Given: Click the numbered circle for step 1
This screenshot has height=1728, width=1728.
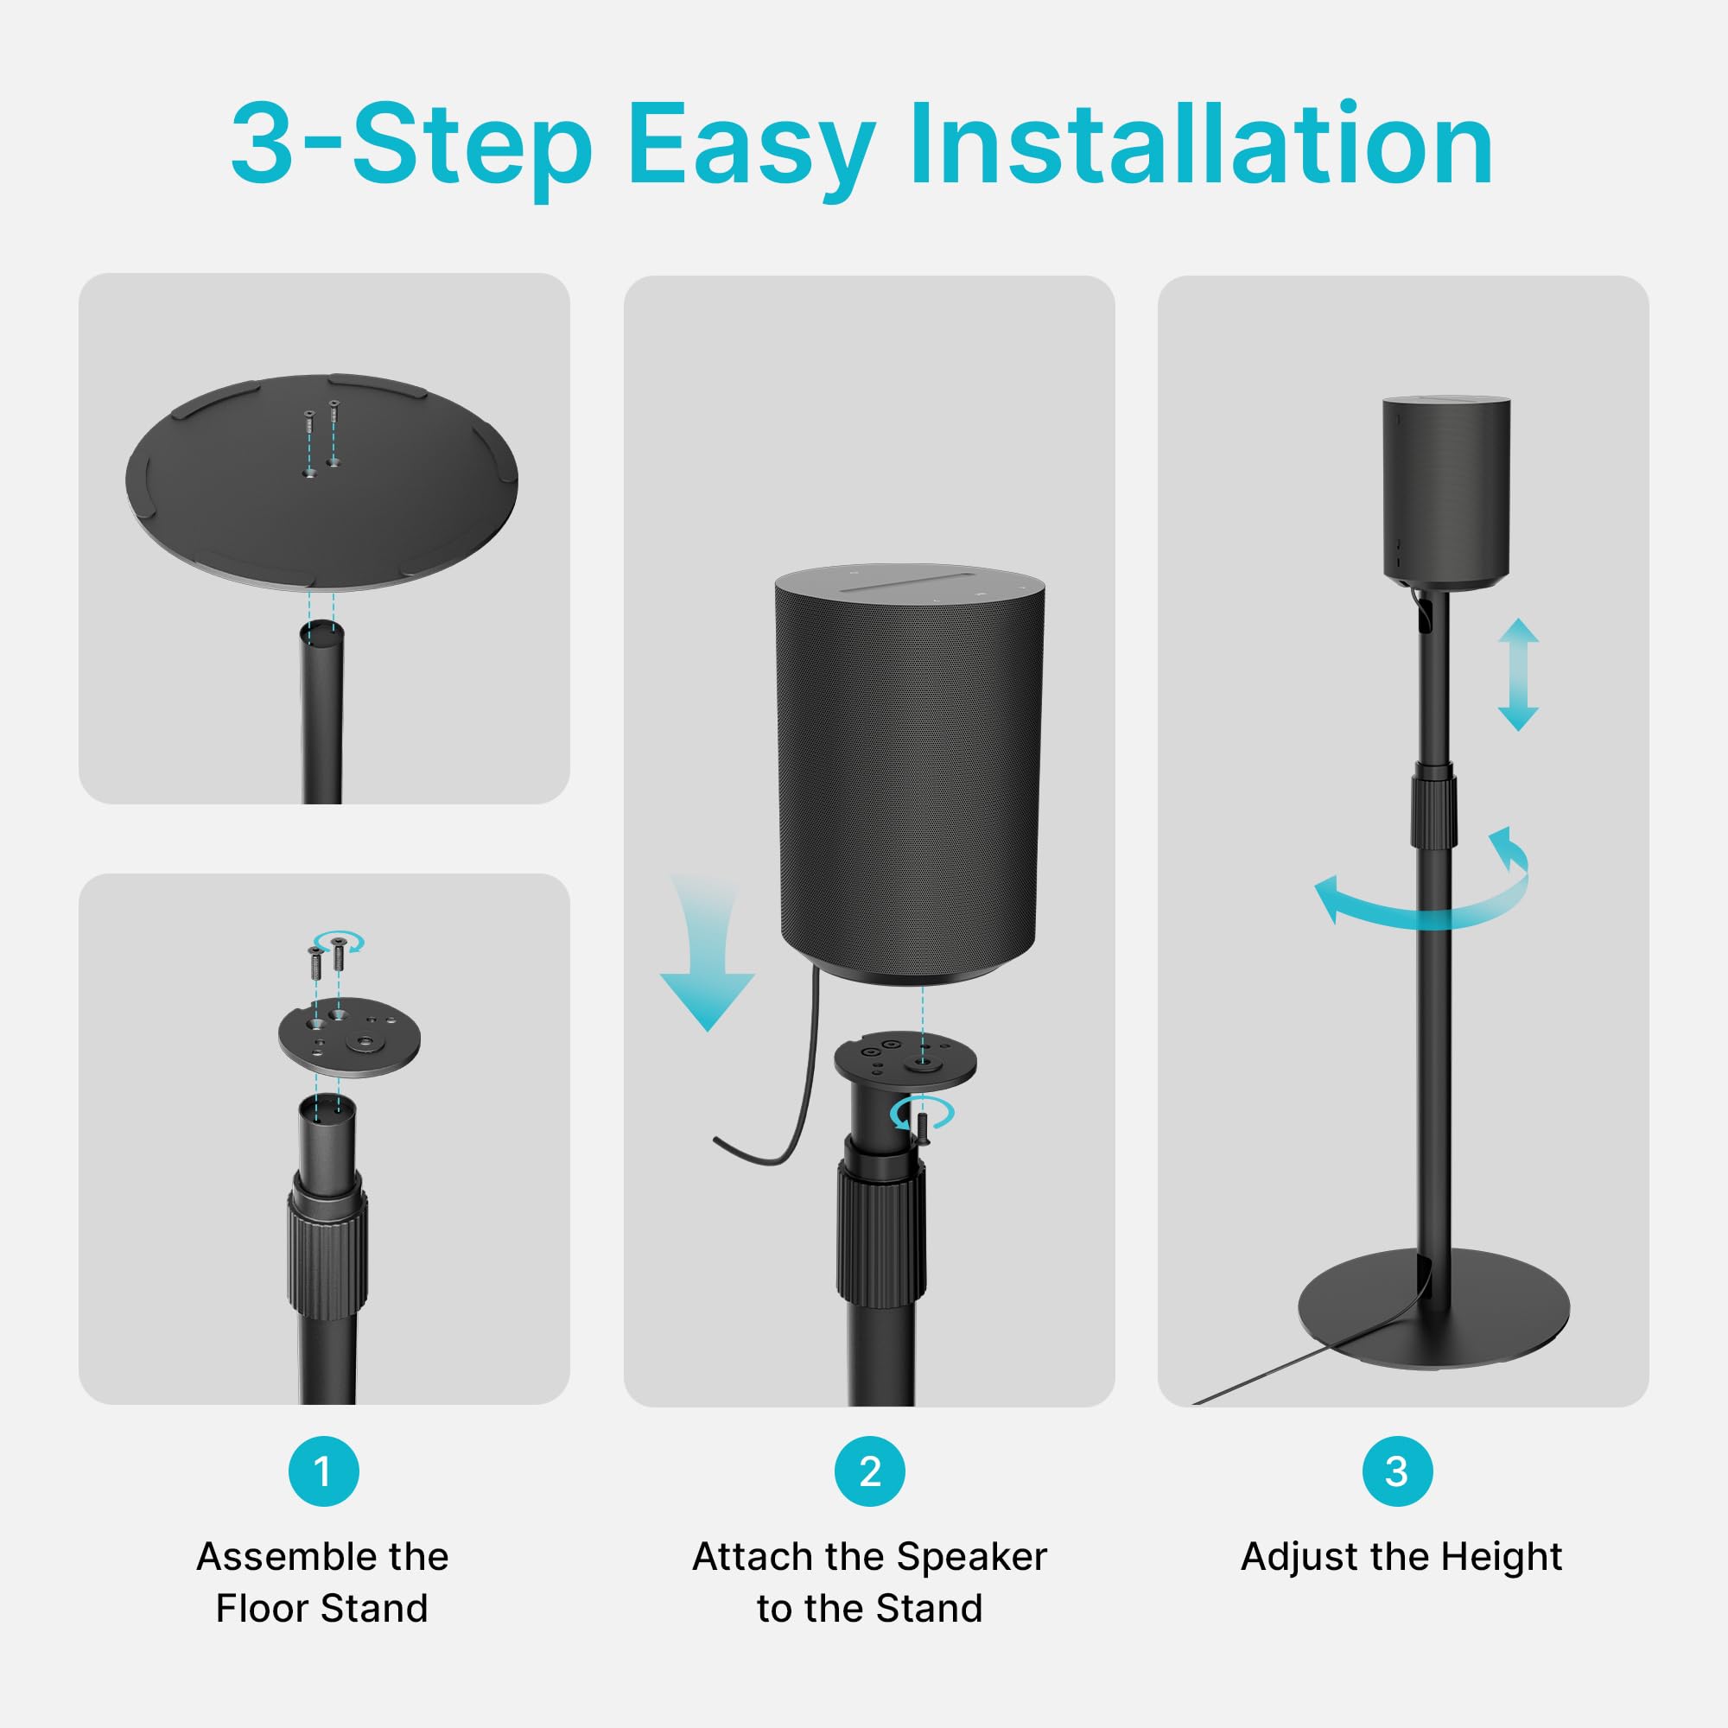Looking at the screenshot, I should point(323,1472).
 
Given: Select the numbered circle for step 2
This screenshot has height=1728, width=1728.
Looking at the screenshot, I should point(869,1472).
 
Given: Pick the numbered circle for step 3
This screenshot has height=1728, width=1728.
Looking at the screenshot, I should point(1397,1472).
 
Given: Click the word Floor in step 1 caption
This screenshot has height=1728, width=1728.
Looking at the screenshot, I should point(261,1609).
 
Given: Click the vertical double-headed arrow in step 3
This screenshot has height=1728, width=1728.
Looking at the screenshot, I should point(1518,675).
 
